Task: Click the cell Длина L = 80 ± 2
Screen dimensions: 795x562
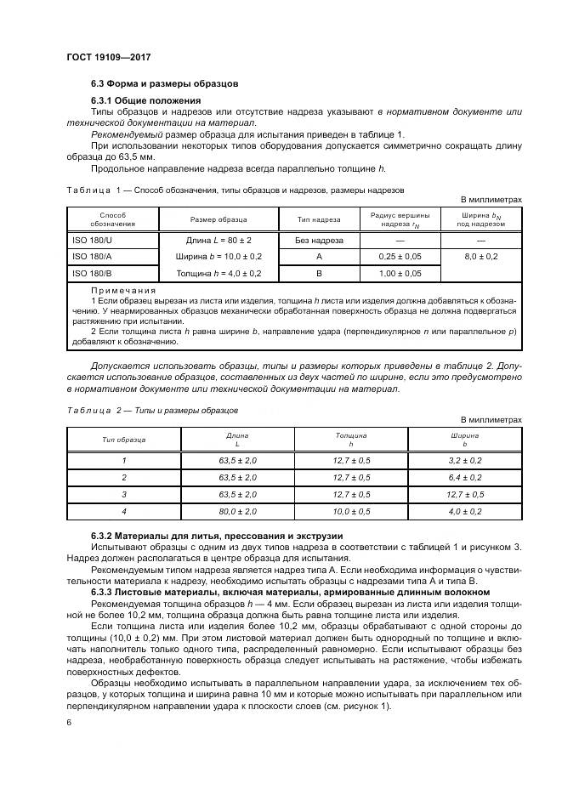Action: [219, 241]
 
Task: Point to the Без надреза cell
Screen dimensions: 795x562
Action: [319, 241]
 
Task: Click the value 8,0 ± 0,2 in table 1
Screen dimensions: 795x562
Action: [480, 256]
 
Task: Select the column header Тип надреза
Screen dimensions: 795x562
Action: [319, 219]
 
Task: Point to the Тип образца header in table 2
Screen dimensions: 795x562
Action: [123, 440]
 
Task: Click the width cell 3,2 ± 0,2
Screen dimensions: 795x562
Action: [464, 460]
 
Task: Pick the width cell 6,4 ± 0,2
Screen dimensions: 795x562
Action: [464, 477]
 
